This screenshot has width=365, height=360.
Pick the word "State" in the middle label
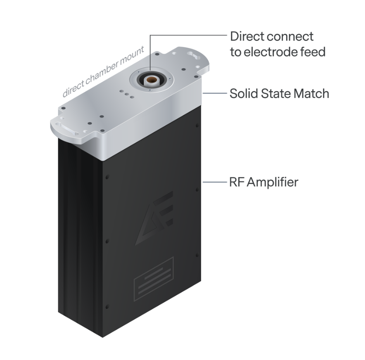[275, 94]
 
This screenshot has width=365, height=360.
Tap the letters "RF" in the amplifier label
[236, 182]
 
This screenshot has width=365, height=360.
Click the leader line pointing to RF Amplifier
[215, 182]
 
